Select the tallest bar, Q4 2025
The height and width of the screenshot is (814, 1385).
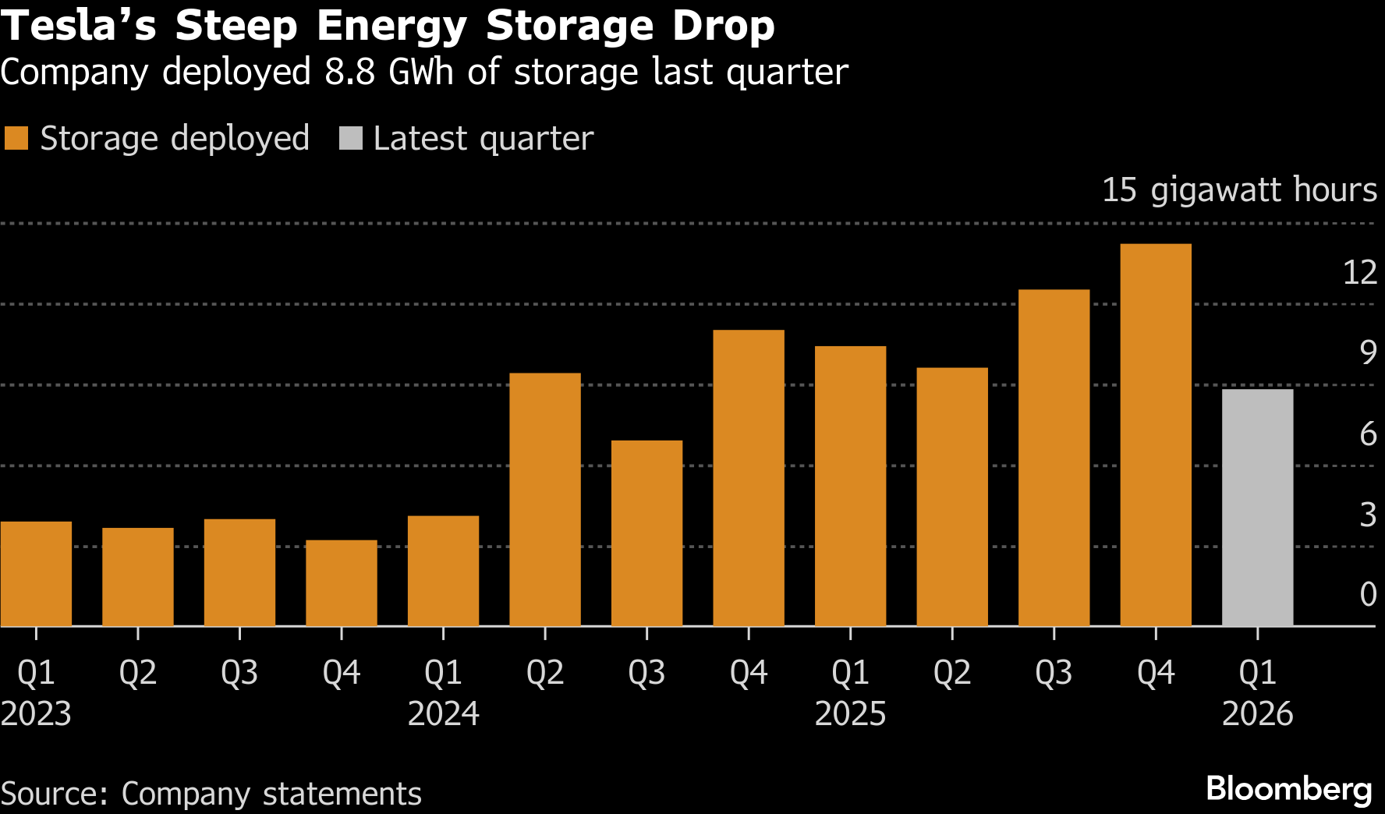pos(1155,435)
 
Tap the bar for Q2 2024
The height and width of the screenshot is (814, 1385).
pos(544,499)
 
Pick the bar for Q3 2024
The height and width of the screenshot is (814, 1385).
pos(646,533)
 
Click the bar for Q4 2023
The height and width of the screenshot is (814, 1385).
pos(341,582)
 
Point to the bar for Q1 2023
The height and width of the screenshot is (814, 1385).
pos(36,573)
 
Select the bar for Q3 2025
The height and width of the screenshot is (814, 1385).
pos(1054,458)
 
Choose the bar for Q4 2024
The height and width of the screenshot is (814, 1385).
pos(749,478)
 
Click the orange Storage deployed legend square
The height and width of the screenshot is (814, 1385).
pos(16,139)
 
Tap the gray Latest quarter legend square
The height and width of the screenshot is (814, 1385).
pos(351,139)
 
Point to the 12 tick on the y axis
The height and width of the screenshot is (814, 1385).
pos(1359,272)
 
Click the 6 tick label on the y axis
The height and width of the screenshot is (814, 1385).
pos(1368,434)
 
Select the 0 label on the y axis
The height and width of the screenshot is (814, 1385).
pos(1368,594)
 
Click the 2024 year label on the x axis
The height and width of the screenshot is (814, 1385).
pos(443,713)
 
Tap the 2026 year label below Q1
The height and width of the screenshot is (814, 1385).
pos(1257,713)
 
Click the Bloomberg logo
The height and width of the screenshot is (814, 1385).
pos(1288,789)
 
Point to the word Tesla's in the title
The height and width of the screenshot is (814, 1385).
pos(78,26)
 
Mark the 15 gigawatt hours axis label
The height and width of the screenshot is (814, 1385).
pos(1239,190)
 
